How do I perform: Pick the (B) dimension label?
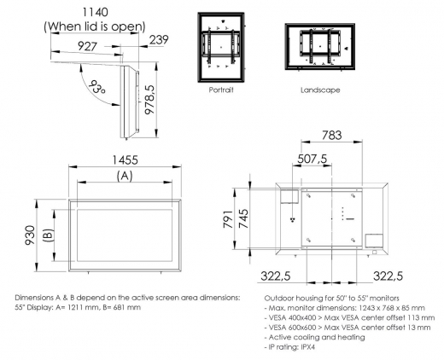point(49,231)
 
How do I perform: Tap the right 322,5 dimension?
point(388,277)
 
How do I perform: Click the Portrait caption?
point(221,88)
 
